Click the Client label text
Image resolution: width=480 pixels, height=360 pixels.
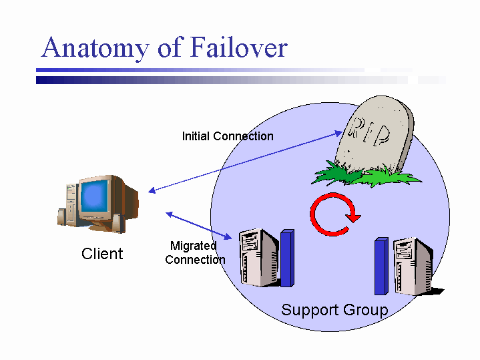pos(102,254)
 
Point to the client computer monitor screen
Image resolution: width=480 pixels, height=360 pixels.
pos(95,194)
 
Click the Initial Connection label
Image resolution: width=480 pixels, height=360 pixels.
pos(228,136)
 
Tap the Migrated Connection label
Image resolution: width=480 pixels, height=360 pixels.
pos(194,253)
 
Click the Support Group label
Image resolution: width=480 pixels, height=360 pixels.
pos(334,310)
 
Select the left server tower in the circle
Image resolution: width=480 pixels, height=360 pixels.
pos(259,256)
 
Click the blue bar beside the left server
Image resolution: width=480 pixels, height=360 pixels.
pos(287,258)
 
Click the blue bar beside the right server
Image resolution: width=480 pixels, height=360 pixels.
pos(381,266)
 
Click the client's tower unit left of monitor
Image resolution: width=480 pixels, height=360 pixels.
pos(70,200)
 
